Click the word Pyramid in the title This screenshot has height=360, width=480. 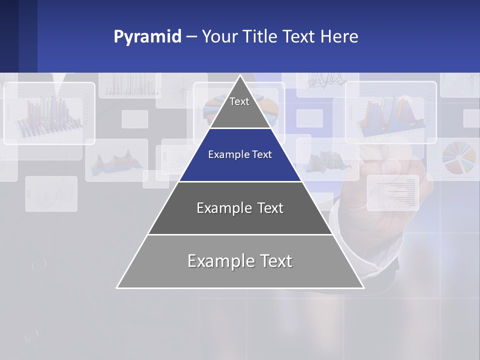147,37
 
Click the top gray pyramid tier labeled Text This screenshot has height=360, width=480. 239,107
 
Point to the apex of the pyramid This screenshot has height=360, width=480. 240,76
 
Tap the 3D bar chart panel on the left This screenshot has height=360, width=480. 49,114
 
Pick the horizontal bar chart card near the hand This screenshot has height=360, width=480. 393,193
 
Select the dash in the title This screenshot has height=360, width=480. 191,37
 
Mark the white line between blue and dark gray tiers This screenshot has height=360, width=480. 240,181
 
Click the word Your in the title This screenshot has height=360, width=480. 219,37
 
